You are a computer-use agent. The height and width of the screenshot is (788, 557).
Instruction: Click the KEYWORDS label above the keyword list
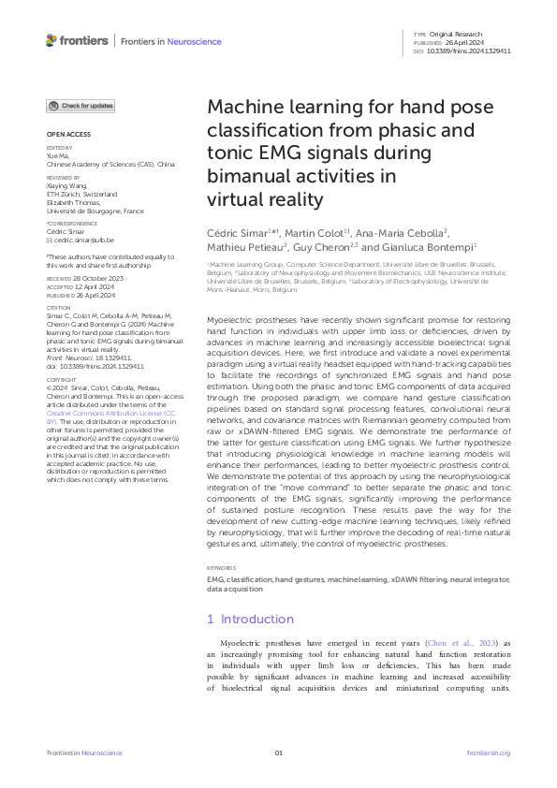(222, 568)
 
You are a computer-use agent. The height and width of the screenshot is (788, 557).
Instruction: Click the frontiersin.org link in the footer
(488, 752)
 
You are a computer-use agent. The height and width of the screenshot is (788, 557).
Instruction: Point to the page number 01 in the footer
(278, 752)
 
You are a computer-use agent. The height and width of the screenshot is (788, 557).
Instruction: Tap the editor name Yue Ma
(58, 156)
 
